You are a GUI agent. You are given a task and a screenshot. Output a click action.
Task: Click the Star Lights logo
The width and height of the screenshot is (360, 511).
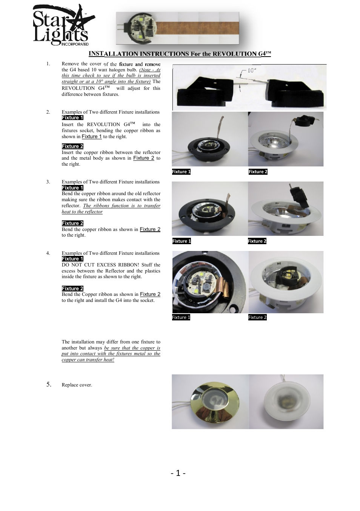[62, 26]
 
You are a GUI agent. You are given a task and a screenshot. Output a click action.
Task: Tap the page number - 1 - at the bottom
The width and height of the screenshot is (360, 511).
[178, 473]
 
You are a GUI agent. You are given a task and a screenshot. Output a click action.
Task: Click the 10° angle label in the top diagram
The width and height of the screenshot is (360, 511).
[252, 71]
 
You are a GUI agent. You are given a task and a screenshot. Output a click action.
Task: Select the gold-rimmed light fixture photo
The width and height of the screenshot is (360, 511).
[210, 401]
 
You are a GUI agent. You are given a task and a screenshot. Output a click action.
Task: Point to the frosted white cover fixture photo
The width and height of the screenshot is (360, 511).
[286, 401]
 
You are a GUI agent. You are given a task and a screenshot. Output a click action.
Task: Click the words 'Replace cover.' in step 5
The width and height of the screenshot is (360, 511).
[77, 385]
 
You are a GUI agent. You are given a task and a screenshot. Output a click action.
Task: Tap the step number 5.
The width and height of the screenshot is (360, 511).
[49, 384]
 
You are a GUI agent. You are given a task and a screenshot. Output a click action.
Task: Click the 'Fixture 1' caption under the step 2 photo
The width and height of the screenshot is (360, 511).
[181, 172]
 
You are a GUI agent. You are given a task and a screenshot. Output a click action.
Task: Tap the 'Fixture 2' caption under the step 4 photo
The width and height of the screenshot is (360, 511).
[257, 317]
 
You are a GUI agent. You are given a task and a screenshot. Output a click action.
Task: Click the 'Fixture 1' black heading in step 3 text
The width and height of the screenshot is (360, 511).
[72, 188]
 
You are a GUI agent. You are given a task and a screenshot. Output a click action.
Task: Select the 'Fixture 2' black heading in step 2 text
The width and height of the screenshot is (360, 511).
[72, 146]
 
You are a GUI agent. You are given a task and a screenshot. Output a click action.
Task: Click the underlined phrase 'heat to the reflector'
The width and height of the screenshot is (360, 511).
[82, 212]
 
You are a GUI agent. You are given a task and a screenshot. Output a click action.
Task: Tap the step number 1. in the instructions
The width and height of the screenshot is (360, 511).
[48, 64]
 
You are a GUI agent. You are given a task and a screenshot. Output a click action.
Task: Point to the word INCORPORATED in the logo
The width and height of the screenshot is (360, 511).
[75, 44]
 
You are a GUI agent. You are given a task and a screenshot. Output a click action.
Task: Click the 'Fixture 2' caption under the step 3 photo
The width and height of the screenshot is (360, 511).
[257, 241]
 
